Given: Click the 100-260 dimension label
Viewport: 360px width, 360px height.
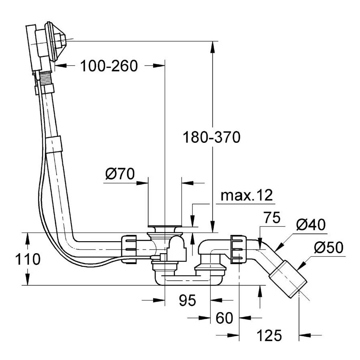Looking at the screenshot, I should pyautogui.click(x=109, y=65).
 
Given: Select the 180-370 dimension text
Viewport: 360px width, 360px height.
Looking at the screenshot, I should pyautogui.click(x=212, y=137).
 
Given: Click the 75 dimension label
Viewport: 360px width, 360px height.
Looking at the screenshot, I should pyautogui.click(x=272, y=219).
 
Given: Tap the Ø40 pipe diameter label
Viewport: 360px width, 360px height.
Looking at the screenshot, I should pyautogui.click(x=311, y=225).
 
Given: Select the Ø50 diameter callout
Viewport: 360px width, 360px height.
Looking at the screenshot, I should pyautogui.click(x=328, y=248).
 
